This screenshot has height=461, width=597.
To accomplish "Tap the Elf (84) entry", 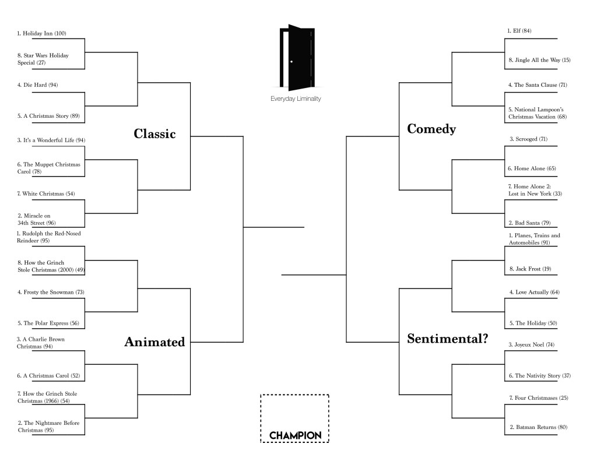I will [x=519, y=30].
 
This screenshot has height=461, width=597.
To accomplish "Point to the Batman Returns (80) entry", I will [x=538, y=427].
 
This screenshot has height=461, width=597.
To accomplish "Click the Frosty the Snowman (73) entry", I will [x=46, y=292].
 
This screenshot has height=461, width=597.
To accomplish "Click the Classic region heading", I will [x=154, y=134].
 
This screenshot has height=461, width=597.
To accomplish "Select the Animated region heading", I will [x=154, y=342].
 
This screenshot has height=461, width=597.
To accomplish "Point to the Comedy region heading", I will [x=431, y=129].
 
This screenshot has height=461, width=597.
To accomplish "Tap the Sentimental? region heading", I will [x=447, y=339].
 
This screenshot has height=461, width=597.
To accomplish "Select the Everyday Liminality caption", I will [x=296, y=99].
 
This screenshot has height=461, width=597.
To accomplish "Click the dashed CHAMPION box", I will [x=295, y=418].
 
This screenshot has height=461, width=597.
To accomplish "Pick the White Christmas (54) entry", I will [x=45, y=193].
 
